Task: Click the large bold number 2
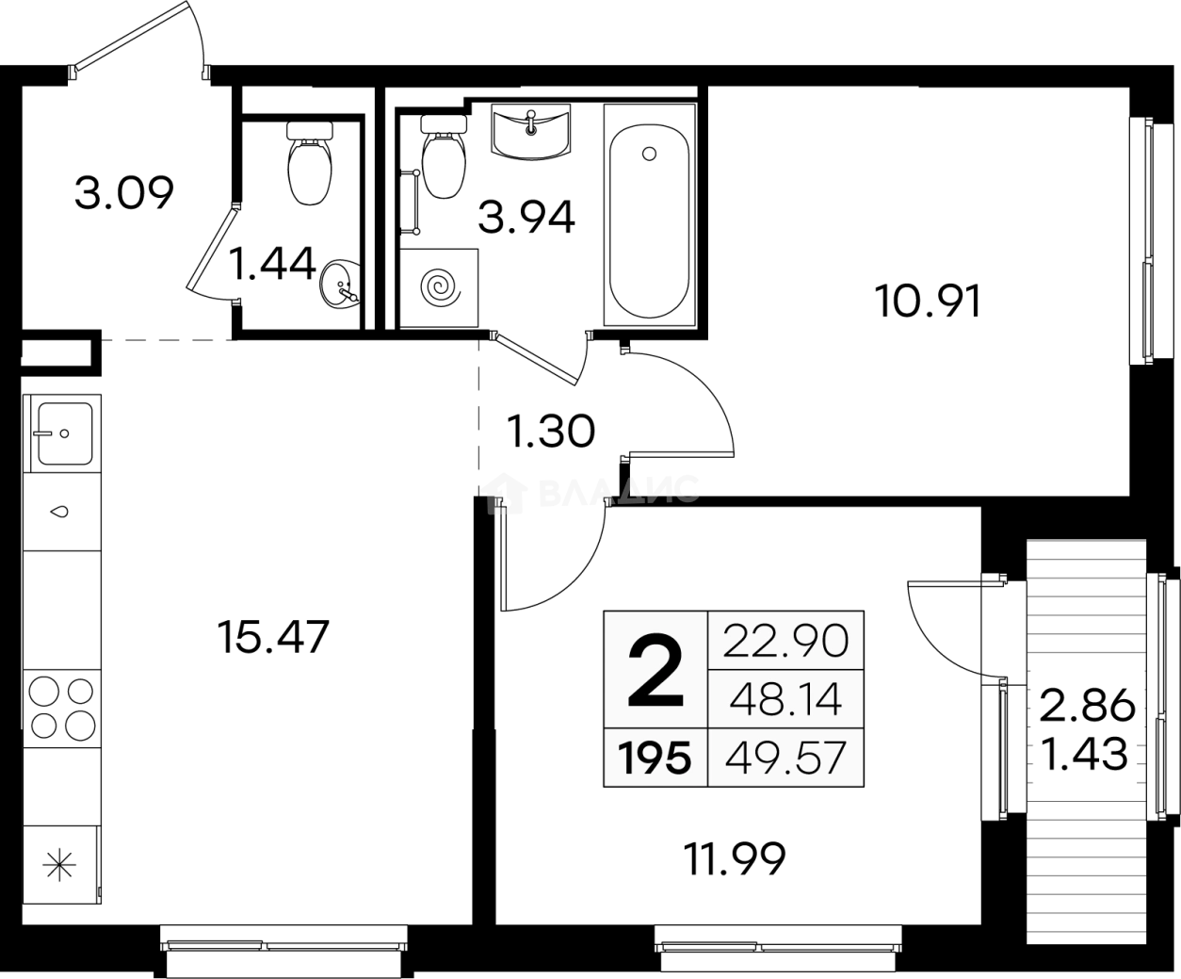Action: click(x=655, y=671)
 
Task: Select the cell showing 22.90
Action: click(x=785, y=641)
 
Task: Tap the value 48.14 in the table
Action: click(x=785, y=699)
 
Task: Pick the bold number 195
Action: click(x=655, y=758)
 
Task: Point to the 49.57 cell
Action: click(x=785, y=758)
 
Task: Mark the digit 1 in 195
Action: click(x=624, y=758)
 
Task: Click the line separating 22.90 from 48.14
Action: click(x=785, y=670)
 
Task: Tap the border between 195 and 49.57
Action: click(x=707, y=758)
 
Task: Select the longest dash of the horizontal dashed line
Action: click(x=211, y=343)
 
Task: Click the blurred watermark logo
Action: click(x=593, y=490)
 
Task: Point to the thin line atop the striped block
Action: click(x=1086, y=541)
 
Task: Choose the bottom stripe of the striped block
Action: click(x=1086, y=931)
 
